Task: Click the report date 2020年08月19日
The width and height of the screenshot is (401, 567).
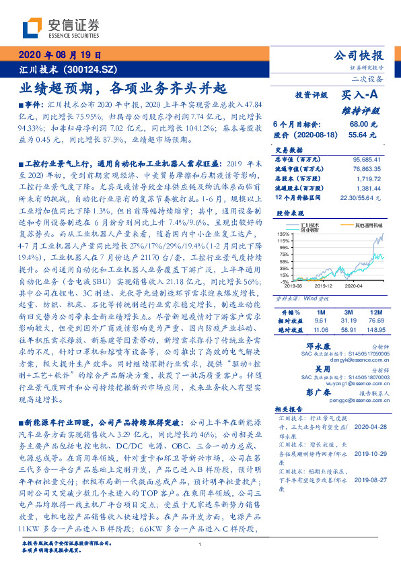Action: (x=60, y=55)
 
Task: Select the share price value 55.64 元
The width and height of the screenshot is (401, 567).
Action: (x=363, y=135)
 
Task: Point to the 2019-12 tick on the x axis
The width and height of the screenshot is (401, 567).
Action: (x=319, y=286)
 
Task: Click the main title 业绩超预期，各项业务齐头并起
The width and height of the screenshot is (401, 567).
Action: (x=122, y=88)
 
